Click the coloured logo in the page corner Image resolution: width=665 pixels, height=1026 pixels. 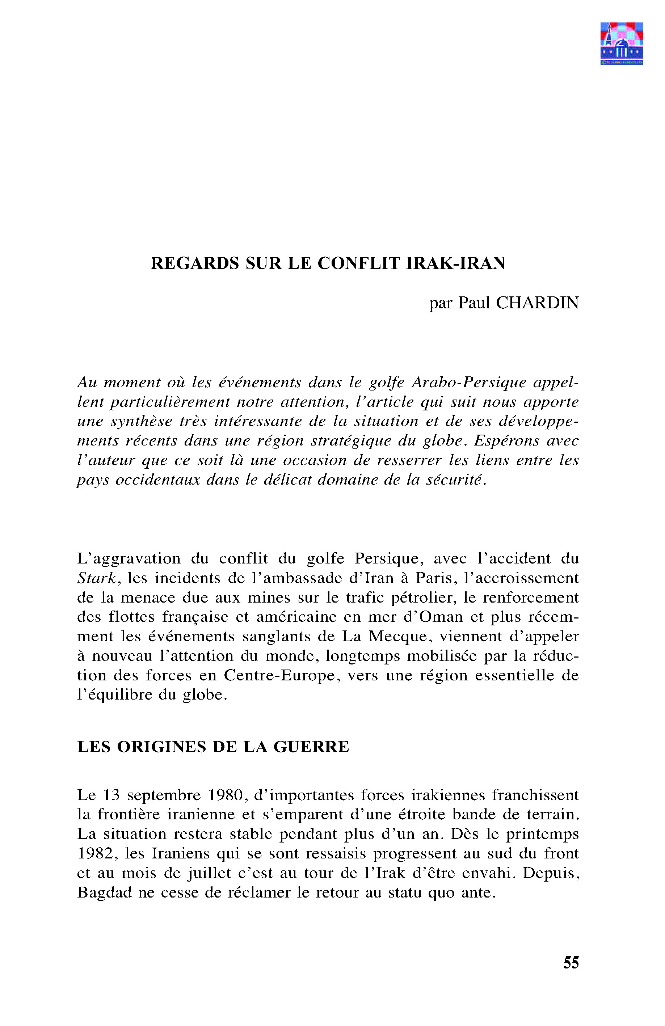(622, 43)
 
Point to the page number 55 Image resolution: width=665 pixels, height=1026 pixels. (571, 963)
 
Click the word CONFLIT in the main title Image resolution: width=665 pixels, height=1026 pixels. (359, 263)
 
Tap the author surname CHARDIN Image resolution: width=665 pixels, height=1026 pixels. (537, 303)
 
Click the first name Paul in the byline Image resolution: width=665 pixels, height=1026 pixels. (474, 303)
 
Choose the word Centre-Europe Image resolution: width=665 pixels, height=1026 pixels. (279, 675)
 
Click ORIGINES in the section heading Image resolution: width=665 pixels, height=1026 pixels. (161, 747)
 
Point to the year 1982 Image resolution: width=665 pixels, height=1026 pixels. (96, 854)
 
